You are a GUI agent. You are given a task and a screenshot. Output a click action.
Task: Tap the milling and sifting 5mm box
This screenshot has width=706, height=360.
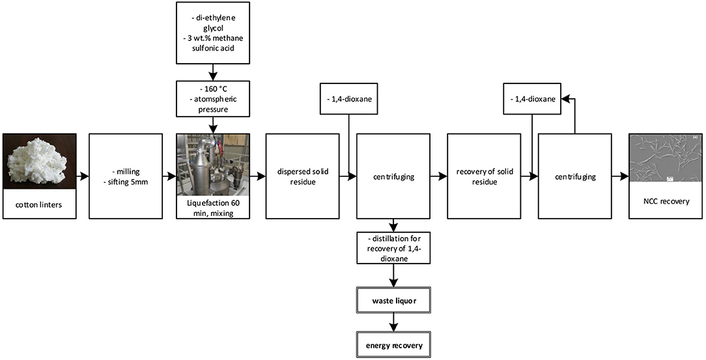(125, 176)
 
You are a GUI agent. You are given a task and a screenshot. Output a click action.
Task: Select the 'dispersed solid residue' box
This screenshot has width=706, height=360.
(302, 176)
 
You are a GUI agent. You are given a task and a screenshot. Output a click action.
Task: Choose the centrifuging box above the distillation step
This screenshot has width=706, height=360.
(393, 176)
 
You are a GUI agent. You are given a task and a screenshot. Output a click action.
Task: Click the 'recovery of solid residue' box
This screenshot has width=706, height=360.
(484, 176)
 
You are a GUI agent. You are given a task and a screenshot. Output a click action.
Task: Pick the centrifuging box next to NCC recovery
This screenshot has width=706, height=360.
(574, 176)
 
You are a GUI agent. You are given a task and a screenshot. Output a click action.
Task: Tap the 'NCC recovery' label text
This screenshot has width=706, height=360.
(664, 202)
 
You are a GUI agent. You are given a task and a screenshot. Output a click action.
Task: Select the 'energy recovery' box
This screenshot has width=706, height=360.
(393, 345)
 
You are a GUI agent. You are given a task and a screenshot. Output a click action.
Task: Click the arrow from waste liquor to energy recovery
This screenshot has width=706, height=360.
(393, 322)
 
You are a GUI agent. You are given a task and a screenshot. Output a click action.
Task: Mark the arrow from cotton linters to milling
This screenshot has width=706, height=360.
(83, 176)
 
